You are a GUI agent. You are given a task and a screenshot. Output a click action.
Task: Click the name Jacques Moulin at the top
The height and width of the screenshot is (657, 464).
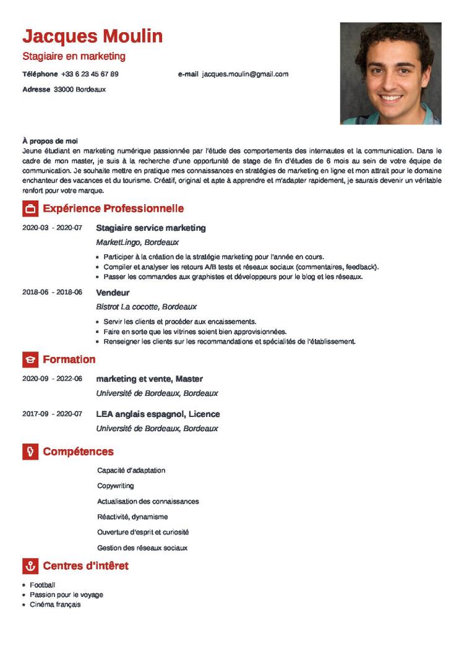93,36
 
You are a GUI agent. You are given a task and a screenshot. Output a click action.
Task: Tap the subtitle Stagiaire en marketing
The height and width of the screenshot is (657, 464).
74,56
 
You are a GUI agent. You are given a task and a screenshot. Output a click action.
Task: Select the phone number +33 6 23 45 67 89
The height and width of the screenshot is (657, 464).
90,74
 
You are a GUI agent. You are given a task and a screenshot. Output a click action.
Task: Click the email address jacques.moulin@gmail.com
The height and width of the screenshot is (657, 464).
245,74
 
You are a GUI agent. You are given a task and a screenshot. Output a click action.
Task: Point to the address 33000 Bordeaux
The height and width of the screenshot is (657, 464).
80,89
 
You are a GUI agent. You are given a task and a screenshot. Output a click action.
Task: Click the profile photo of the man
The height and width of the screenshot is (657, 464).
390,73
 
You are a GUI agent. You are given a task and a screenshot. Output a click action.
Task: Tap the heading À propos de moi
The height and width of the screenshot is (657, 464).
49,141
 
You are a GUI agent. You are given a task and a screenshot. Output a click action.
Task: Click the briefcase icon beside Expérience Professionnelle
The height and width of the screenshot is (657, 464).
30,208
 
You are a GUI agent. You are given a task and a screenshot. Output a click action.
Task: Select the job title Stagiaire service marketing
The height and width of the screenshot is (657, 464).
151,228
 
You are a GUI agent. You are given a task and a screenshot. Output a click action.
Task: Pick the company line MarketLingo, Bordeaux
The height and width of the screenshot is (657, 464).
137,243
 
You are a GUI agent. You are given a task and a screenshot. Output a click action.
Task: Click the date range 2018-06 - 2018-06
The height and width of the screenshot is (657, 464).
52,292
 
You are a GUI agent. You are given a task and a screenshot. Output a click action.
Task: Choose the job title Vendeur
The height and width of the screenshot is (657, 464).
113,292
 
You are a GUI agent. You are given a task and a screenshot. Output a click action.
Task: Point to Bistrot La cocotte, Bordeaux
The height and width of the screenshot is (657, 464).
147,306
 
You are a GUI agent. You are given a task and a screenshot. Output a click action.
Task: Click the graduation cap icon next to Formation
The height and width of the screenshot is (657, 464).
30,359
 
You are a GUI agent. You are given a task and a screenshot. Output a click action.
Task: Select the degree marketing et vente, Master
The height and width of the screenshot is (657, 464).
149,379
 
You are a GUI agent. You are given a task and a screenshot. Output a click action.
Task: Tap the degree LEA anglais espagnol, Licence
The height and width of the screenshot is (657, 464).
158,414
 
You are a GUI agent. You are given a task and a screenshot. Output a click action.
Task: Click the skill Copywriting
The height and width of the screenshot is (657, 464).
115,486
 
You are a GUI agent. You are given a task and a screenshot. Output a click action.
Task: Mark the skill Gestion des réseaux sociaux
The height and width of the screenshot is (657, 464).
142,547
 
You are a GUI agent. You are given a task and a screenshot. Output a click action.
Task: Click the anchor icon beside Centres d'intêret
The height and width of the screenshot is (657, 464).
30,566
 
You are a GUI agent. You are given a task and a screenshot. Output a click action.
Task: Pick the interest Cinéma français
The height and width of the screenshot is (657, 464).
55,604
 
